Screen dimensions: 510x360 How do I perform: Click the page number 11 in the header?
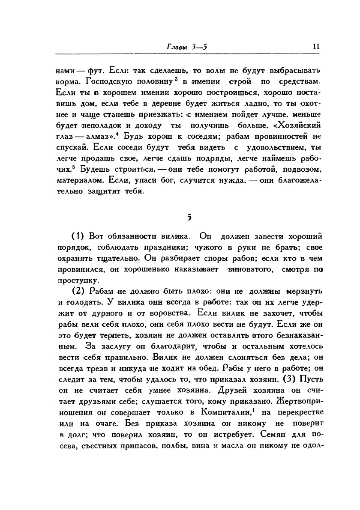click(317, 47)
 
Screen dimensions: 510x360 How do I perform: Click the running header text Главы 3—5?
click(187, 47)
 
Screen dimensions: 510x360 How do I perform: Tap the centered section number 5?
click(189, 217)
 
